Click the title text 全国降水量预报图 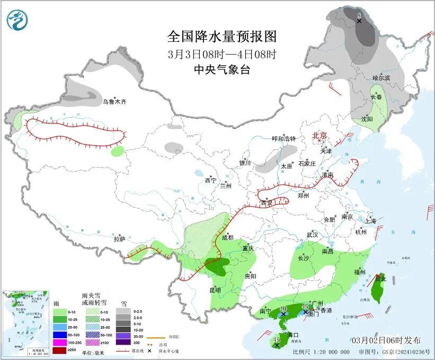pos(222,37)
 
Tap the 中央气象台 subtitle pos(222,69)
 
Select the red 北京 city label pos(321,136)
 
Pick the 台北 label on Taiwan pos(380,278)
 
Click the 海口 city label pos(293,335)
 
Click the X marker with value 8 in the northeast pos(359,21)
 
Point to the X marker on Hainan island pos(277,345)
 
